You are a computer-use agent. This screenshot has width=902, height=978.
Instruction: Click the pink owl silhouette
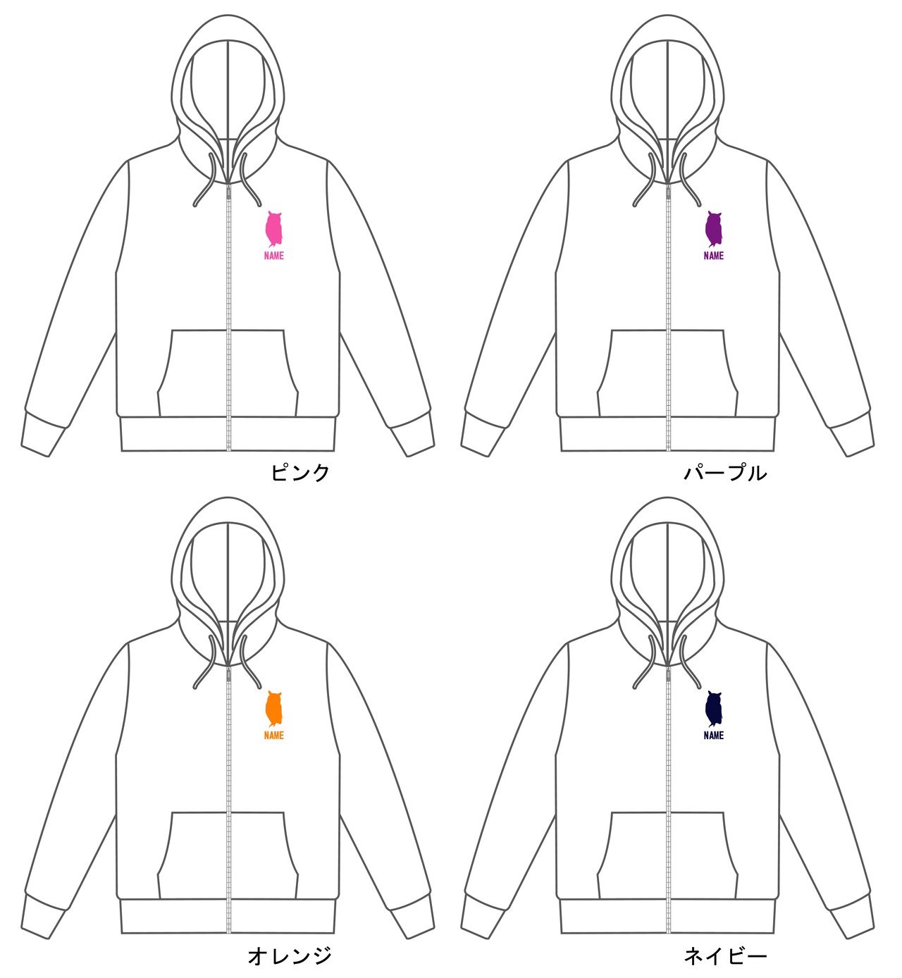(273, 230)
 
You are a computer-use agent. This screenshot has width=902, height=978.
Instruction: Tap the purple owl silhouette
(713, 230)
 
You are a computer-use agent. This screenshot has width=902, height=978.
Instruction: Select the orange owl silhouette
(273, 710)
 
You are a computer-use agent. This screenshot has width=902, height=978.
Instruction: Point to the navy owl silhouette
(713, 710)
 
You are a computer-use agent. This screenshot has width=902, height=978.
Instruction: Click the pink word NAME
(273, 256)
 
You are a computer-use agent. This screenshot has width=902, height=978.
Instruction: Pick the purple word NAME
(713, 256)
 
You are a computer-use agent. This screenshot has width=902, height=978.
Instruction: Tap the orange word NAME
(273, 736)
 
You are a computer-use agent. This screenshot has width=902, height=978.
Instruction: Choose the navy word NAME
(713, 736)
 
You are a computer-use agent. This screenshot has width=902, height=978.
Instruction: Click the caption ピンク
(300, 473)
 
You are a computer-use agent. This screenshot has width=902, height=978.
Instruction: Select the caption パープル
(725, 473)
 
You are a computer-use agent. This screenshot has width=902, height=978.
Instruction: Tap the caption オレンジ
(290, 956)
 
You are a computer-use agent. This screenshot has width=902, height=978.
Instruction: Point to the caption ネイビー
(725, 956)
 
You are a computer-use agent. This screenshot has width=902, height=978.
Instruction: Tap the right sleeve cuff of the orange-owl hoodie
(412, 915)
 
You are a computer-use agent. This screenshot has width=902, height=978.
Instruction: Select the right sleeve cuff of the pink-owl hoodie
(412, 433)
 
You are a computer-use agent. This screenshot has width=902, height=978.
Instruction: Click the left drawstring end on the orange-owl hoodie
(197, 684)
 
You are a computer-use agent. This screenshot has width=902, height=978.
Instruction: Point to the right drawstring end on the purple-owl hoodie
(699, 204)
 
